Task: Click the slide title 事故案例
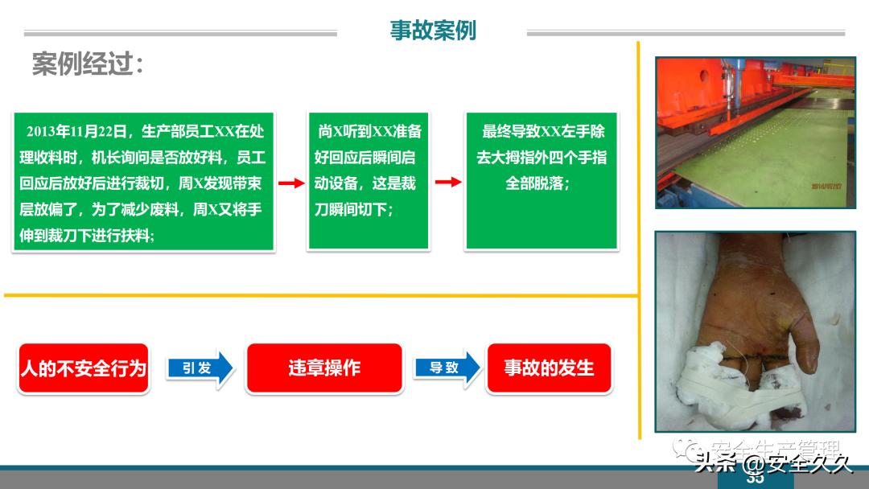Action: tap(433, 31)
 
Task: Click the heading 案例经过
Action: tap(88, 64)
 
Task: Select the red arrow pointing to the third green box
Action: tap(448, 182)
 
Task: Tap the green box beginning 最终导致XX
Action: tap(542, 181)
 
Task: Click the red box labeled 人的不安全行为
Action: tap(84, 368)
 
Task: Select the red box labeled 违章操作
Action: tap(324, 368)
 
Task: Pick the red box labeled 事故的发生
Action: tap(549, 368)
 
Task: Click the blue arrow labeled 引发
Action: tap(200, 368)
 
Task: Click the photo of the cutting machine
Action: tap(755, 133)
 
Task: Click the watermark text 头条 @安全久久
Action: tap(773, 463)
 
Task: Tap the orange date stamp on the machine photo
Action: tap(827, 185)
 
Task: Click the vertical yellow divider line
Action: tap(639, 241)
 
